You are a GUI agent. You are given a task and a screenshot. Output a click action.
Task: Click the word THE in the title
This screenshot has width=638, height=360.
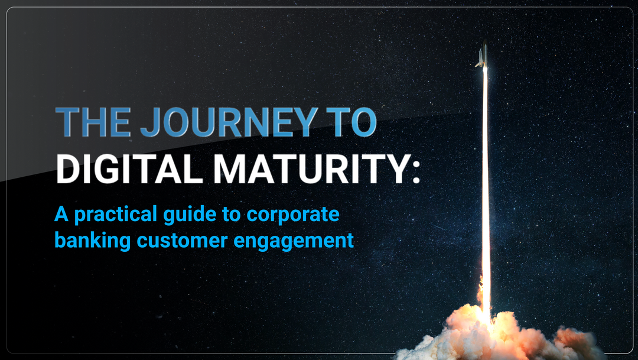tap(93, 122)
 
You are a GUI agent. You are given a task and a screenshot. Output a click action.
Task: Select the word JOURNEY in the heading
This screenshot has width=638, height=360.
tap(228, 122)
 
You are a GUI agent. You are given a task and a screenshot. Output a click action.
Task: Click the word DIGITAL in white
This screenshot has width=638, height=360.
tap(129, 168)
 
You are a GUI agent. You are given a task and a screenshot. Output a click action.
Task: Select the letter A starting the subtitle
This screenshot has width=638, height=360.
tap(61, 214)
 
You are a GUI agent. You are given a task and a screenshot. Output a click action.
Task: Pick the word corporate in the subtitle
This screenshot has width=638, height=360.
tap(293, 215)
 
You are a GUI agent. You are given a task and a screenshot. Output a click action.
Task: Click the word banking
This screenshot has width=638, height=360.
tap(92, 241)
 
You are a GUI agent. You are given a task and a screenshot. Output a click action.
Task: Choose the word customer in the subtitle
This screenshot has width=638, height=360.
tap(182, 241)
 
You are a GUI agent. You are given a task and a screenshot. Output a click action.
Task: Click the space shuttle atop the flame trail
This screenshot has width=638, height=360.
tap(483, 54)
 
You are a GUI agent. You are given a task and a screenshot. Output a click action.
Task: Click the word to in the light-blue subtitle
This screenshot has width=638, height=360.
tap(232, 215)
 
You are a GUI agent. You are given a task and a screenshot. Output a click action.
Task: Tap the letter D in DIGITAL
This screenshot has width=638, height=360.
tap(68, 168)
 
